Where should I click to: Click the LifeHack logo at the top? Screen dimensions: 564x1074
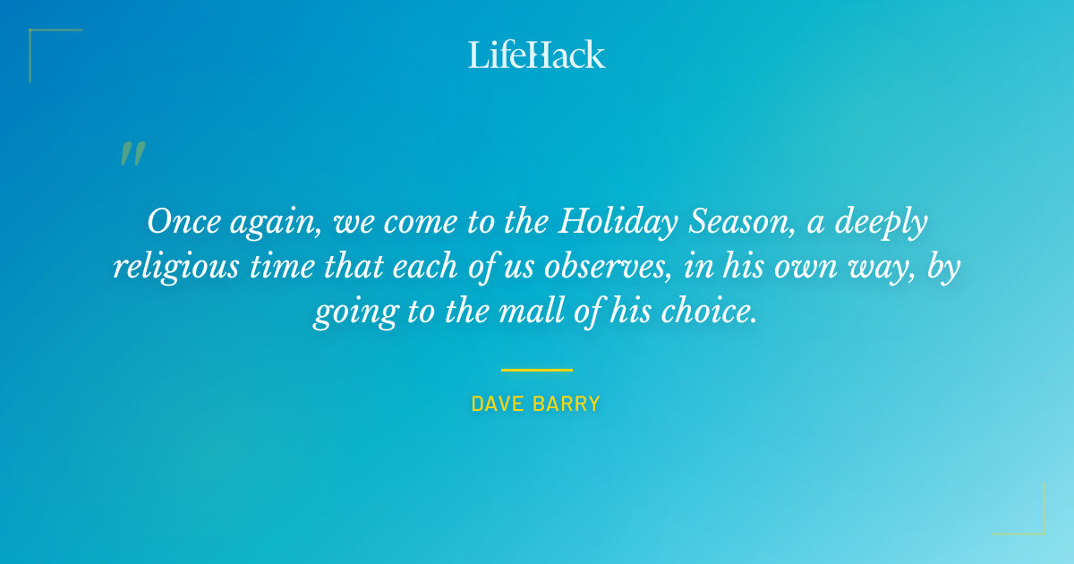click(537, 55)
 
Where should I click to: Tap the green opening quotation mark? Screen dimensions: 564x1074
click(132, 154)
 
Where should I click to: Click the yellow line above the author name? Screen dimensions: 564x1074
click(536, 369)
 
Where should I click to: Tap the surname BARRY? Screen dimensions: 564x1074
click(568, 405)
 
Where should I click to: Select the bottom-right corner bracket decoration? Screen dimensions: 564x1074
click(1029, 519)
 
